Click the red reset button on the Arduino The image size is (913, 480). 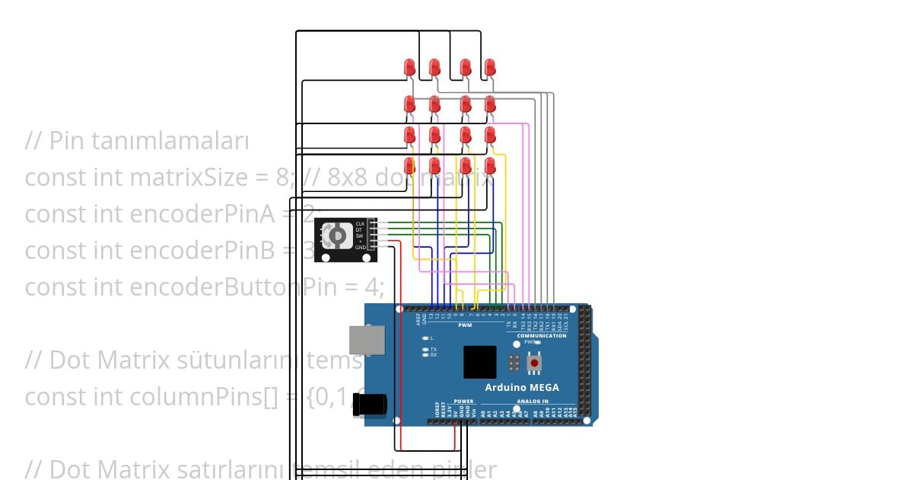(535, 363)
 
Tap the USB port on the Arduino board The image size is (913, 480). (367, 340)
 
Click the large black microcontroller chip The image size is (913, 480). (480, 362)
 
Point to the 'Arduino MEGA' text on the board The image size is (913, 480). (522, 387)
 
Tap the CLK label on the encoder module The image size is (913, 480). (360, 224)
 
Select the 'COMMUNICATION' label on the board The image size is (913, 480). (542, 335)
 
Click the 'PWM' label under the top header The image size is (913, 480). (465, 325)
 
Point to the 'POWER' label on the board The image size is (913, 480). (463, 401)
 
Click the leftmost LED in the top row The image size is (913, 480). (409, 67)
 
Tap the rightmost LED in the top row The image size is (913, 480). (490, 67)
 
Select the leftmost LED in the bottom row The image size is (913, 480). (409, 165)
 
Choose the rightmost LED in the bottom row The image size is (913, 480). (490, 165)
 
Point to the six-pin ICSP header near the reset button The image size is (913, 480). (515, 363)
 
